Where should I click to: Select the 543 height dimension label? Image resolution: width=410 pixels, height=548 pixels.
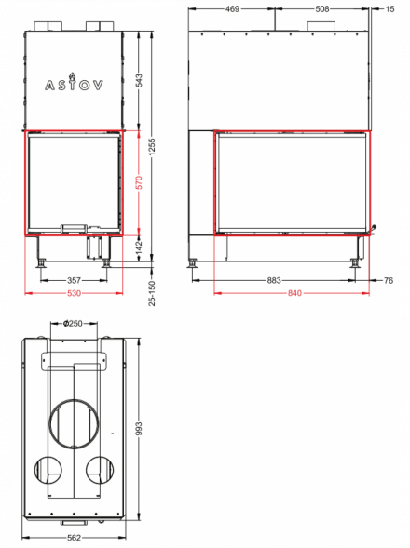coord(139,80)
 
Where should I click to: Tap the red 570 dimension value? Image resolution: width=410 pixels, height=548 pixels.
coord(139,182)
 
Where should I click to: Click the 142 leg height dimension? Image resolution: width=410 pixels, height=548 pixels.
coord(139,247)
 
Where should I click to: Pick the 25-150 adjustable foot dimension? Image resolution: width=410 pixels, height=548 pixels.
coord(152,293)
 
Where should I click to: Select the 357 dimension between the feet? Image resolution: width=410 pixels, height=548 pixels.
coord(74,280)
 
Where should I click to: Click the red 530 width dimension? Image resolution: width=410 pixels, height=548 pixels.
coord(74,293)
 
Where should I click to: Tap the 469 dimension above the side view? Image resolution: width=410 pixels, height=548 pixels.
coord(232,9)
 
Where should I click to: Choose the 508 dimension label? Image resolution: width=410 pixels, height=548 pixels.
coord(322,9)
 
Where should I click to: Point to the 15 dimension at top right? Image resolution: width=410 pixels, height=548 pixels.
coord(389,9)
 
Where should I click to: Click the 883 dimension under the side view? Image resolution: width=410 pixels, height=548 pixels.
coord(274,280)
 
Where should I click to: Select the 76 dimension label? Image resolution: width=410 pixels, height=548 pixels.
coord(389,280)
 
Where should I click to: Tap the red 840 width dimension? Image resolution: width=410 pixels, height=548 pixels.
coord(294,293)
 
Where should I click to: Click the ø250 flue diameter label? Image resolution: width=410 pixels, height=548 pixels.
coord(73,323)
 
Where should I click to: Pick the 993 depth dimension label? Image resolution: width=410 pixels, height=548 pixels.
coord(139,429)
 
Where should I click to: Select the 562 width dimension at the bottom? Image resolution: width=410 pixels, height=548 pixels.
coord(74,538)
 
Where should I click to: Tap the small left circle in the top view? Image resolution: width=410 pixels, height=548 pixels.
coord(34,470)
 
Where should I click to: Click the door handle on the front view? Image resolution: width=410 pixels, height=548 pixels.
coord(74,228)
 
